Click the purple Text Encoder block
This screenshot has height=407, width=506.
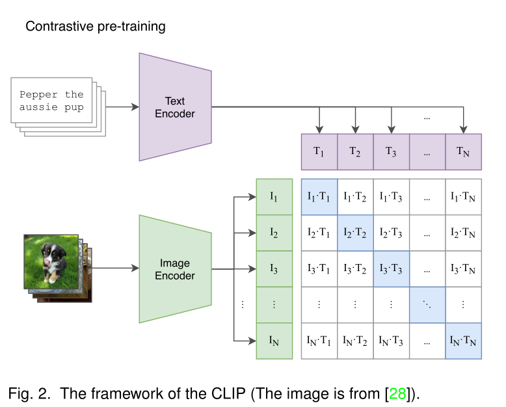(175, 107)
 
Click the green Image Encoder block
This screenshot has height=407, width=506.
(175, 269)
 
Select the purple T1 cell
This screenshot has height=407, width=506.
(319, 151)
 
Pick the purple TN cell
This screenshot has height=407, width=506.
(463, 151)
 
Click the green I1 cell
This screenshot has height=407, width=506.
(274, 196)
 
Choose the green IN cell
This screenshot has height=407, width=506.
(274, 340)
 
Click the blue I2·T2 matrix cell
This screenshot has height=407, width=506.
(355, 232)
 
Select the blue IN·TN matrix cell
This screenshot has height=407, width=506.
(463, 340)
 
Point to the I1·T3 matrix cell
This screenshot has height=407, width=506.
(391, 196)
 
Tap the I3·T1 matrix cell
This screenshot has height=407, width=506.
(319, 268)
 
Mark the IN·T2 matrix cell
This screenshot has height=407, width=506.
(355, 340)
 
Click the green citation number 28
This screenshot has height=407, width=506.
(398, 393)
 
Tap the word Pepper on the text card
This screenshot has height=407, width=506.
(40, 95)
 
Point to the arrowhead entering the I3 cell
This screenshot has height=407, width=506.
(252, 268)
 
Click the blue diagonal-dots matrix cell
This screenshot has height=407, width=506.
(427, 304)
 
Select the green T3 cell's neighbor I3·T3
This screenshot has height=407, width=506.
(391, 268)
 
